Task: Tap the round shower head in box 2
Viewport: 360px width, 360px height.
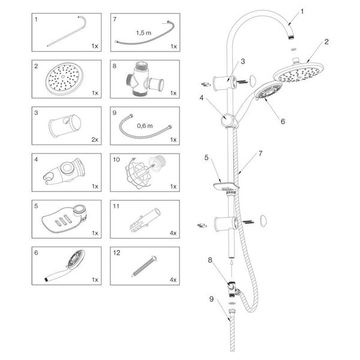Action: pos(63,79)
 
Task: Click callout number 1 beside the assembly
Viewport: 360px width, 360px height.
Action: pos(302,11)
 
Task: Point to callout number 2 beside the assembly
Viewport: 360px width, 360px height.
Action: pos(326,42)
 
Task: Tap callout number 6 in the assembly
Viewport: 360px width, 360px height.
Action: pos(282,121)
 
